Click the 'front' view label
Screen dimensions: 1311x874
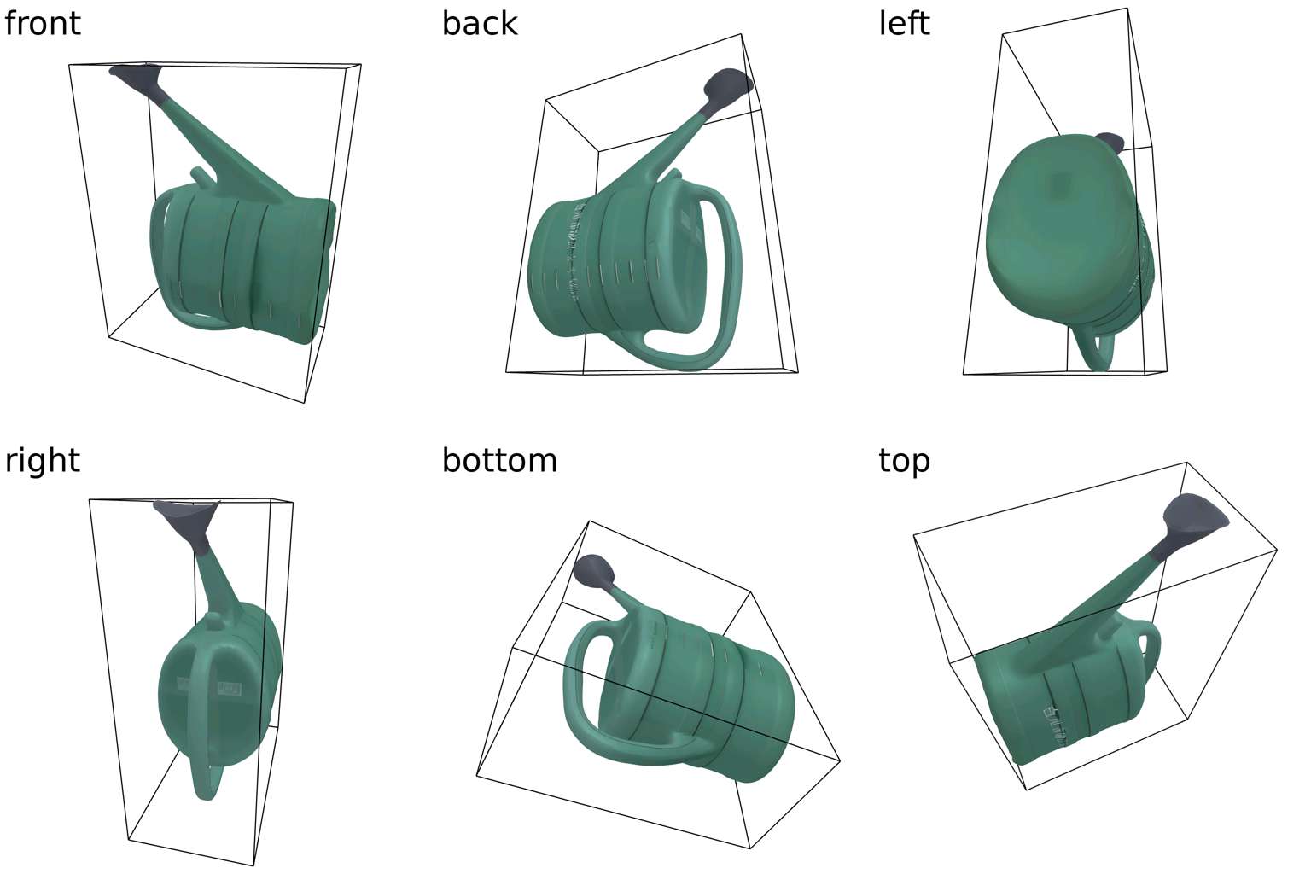(x=42, y=23)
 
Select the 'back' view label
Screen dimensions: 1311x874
(x=480, y=23)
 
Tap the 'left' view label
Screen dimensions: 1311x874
(x=904, y=23)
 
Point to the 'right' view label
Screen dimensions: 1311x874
(x=42, y=461)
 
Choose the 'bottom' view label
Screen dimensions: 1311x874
(x=499, y=461)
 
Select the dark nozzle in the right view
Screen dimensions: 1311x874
(x=187, y=525)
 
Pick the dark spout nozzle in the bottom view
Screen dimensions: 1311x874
(x=594, y=573)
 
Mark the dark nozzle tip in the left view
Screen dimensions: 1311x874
(x=1110, y=143)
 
